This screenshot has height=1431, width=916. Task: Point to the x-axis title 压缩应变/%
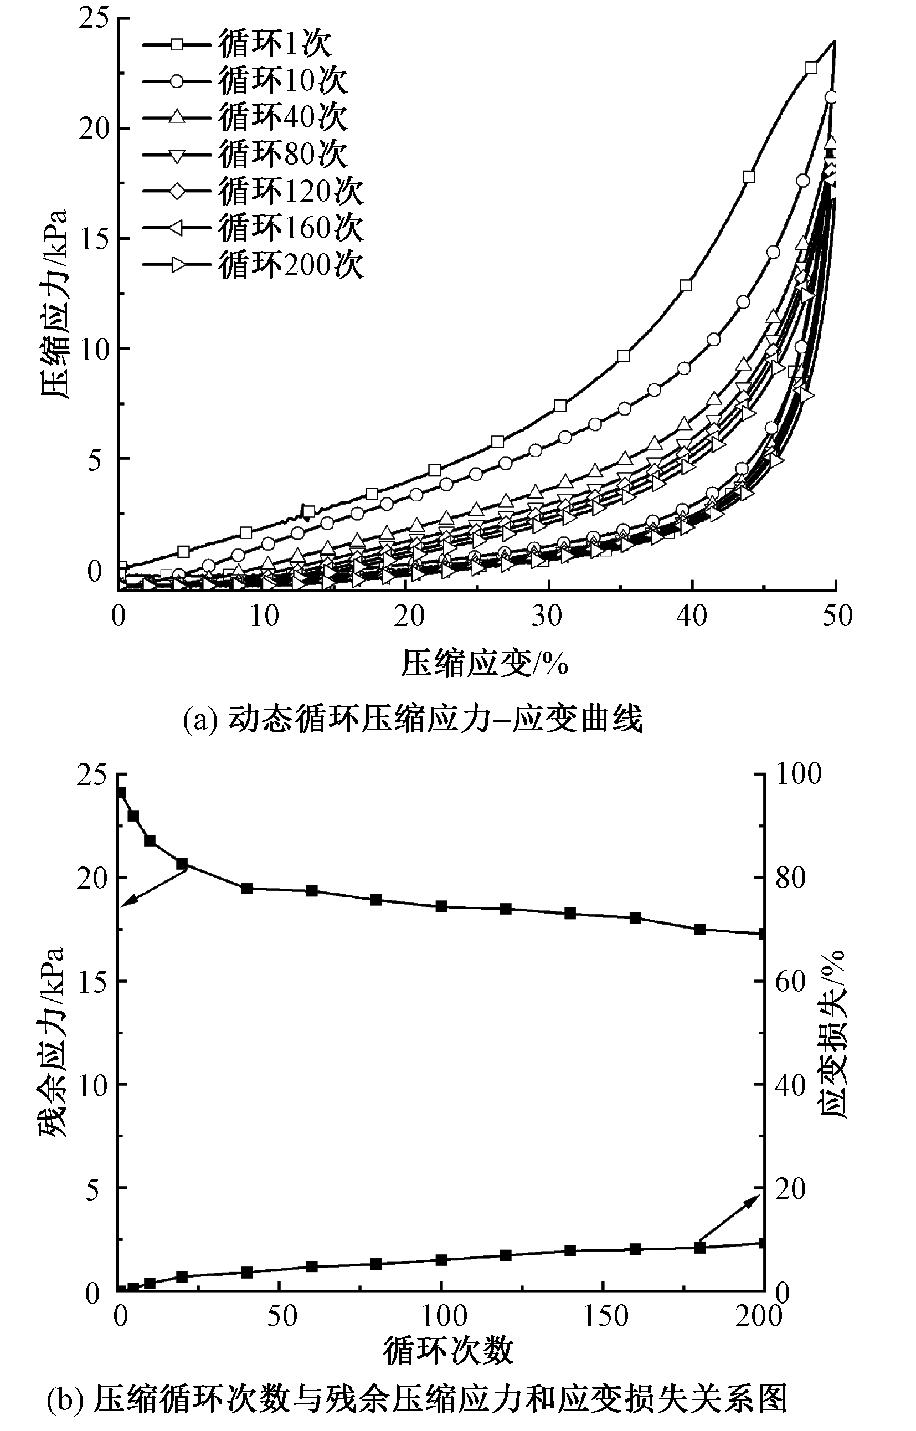(x=484, y=663)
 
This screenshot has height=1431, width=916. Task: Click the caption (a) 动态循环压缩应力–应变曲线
(x=413, y=719)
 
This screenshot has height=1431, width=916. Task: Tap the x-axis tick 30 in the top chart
(x=547, y=616)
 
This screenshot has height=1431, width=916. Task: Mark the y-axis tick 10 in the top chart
(x=95, y=348)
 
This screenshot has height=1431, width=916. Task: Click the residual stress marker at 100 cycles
(x=441, y=907)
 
